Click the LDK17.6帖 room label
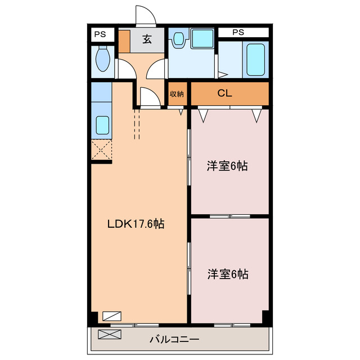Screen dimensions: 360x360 click(x=136, y=224)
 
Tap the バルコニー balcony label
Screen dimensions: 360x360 click(x=174, y=339)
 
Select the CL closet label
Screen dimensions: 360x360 click(x=224, y=93)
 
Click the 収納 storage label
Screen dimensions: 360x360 click(x=177, y=94)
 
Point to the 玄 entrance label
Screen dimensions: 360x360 click(x=147, y=39)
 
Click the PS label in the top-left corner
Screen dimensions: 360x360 click(x=100, y=34)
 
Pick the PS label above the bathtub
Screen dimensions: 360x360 click(x=238, y=32)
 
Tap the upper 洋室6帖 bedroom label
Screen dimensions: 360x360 click(x=227, y=166)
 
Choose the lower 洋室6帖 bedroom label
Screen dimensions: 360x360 click(x=228, y=274)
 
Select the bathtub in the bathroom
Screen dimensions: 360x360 click(x=256, y=60)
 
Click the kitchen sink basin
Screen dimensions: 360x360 click(x=102, y=125)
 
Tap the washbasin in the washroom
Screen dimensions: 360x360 click(x=178, y=38)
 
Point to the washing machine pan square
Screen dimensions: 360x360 click(x=202, y=38)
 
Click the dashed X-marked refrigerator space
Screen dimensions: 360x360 click(x=101, y=150)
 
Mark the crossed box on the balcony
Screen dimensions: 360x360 click(x=110, y=334)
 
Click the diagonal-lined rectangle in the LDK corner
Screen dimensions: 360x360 click(x=112, y=316)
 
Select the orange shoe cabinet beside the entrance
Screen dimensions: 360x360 click(x=124, y=41)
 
